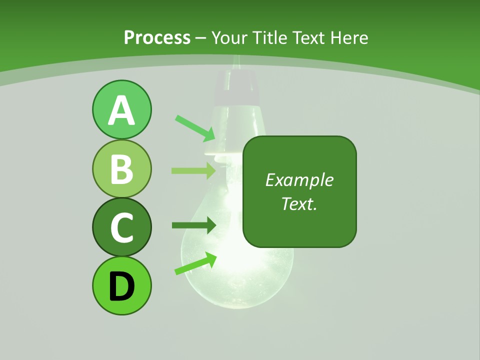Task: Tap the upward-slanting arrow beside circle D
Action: tap(195, 263)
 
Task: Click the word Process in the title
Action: tap(157, 38)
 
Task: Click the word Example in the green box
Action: tap(299, 180)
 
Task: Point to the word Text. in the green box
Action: tap(299, 203)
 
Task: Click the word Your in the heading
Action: tap(229, 38)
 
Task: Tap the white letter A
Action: tap(121, 110)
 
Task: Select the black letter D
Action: tap(121, 286)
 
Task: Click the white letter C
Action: tap(121, 228)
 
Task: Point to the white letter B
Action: tap(121, 169)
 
